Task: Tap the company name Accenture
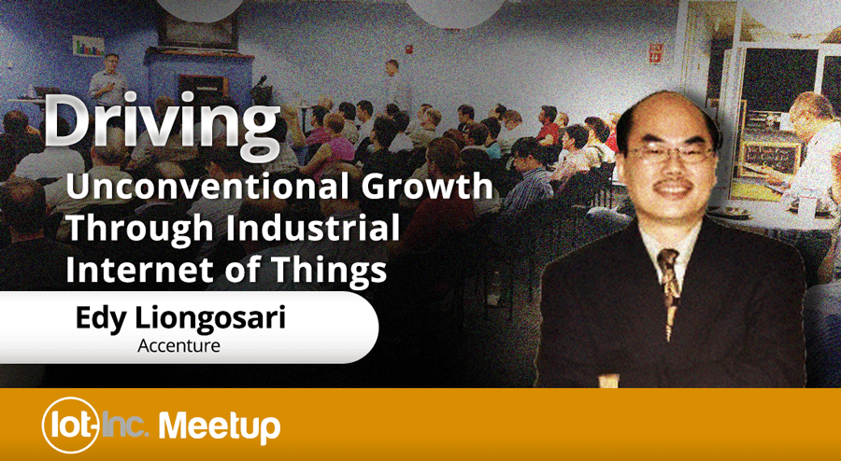pos(178,346)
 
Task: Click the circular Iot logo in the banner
pos(70,425)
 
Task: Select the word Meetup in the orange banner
pos(220,426)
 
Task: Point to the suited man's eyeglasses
pos(670,153)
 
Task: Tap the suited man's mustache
pos(670,185)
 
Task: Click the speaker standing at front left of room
pos(108,79)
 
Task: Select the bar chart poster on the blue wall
pos(89,46)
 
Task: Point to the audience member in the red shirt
pos(549,125)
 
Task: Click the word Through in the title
pos(140,228)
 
